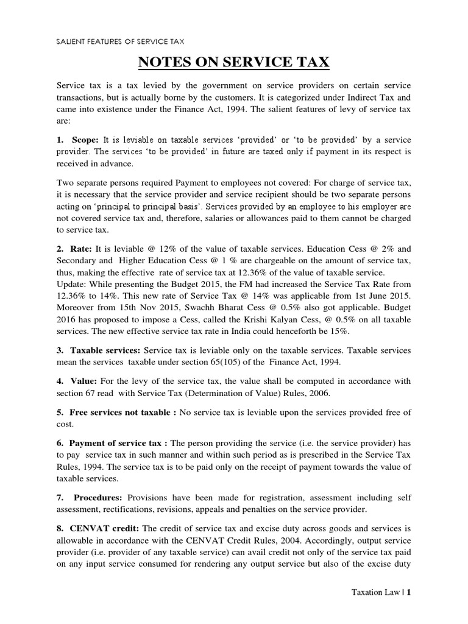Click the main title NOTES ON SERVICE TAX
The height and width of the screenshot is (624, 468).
pos(234,62)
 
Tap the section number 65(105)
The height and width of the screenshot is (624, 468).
pos(229,362)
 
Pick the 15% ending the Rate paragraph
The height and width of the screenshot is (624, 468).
pos(342,331)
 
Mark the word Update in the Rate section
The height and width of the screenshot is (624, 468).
pos(70,285)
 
